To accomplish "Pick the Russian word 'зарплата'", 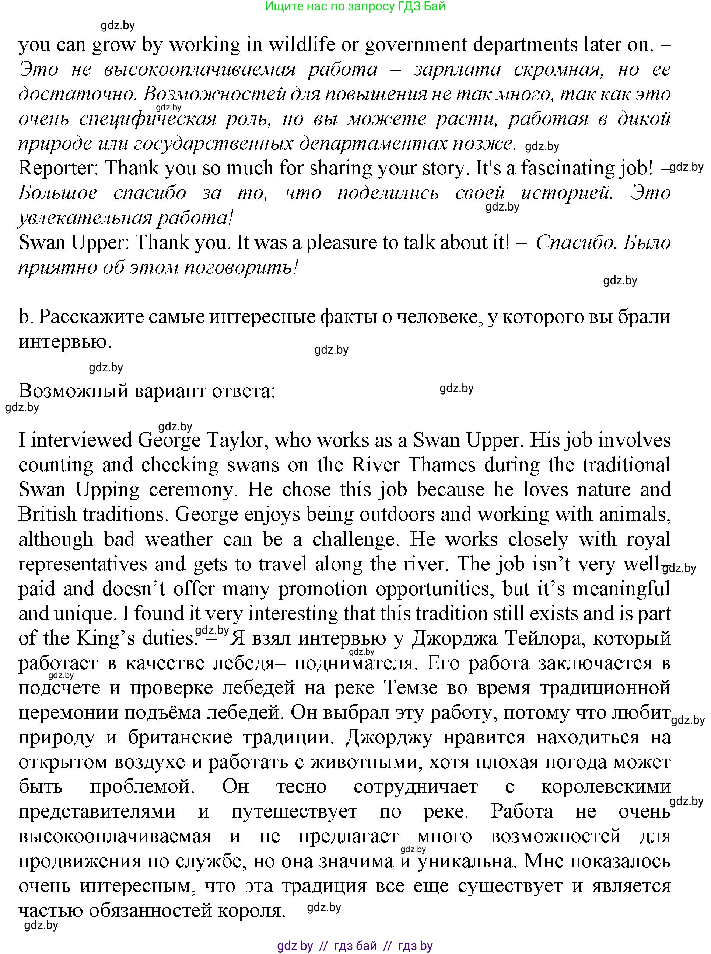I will pyautogui.click(x=457, y=69).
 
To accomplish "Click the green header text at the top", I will pyautogui.click(x=355, y=7).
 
